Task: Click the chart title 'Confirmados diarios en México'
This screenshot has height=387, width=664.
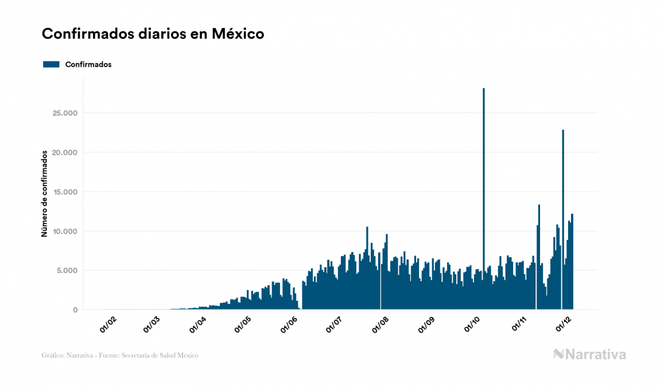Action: point(153,34)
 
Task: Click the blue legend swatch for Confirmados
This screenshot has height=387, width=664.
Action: point(51,64)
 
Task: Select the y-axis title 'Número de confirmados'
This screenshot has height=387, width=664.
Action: point(44,193)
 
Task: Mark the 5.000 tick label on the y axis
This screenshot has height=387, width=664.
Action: point(66,270)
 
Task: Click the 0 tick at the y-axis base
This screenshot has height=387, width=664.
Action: point(75,310)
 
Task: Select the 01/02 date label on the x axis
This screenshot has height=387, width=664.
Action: point(108,325)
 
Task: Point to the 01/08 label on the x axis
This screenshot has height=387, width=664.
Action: point(380,325)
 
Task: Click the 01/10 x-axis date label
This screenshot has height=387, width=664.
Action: point(472,325)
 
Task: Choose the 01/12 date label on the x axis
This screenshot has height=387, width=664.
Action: point(564,325)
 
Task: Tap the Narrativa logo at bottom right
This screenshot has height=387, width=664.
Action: point(589,354)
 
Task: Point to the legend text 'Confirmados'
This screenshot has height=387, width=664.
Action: point(88,64)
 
